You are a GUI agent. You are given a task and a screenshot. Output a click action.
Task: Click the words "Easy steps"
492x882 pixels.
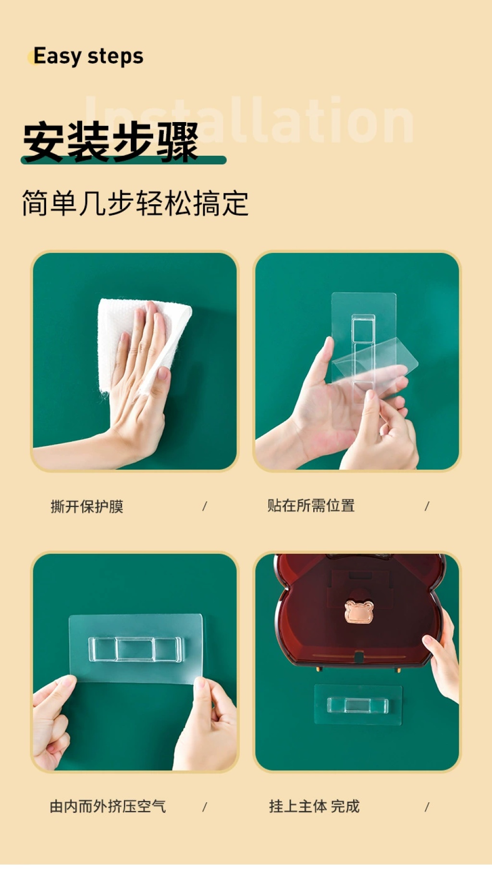(88, 57)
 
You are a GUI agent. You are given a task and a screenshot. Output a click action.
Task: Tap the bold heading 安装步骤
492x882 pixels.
(111, 142)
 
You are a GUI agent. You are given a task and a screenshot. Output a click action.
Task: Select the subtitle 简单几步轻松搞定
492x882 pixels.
(135, 203)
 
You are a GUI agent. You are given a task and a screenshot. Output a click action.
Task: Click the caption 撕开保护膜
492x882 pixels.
(87, 506)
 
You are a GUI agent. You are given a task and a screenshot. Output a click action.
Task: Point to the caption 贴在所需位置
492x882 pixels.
(311, 506)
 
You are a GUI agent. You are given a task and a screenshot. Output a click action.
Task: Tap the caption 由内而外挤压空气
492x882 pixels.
(108, 806)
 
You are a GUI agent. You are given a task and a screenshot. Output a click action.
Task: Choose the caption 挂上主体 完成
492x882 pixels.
(314, 806)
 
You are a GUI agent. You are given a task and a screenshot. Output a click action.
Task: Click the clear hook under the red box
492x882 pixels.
(358, 705)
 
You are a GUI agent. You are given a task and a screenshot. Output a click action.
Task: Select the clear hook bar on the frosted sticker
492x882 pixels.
(135, 649)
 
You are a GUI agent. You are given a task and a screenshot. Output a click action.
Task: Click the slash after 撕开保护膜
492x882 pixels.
(205, 506)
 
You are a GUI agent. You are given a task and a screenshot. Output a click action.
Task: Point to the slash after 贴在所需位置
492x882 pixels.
(427, 506)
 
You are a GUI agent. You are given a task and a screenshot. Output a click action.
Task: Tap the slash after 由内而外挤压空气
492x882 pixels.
(205, 807)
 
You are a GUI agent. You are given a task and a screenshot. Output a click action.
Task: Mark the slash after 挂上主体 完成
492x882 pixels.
(427, 807)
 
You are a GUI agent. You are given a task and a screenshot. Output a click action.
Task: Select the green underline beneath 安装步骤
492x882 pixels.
(123, 160)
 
